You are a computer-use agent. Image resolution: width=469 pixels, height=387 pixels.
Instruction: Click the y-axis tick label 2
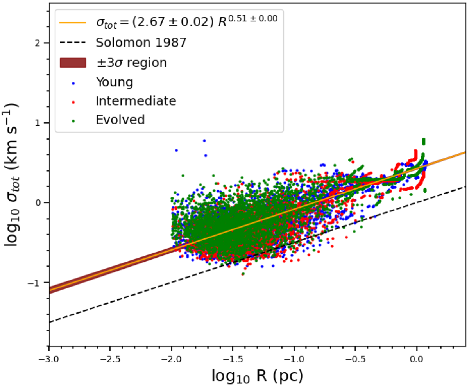pyautogui.click(x=37, y=43)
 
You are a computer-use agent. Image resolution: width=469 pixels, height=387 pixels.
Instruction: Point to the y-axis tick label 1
pyautogui.click(x=37, y=123)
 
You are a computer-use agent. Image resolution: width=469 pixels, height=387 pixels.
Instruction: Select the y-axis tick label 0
pyautogui.click(x=37, y=202)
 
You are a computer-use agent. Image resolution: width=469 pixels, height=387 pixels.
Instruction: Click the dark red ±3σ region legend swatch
pyautogui.click(x=73, y=63)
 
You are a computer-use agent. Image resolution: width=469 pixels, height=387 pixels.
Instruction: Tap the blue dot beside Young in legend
pyautogui.click(x=73, y=82)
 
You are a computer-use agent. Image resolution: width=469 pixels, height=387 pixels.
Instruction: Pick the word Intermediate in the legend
pyautogui.click(x=136, y=101)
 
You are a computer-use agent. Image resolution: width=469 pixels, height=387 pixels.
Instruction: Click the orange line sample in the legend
pyautogui.click(x=73, y=23)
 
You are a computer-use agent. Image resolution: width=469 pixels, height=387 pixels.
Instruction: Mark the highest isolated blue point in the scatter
pyautogui.click(x=204, y=141)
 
